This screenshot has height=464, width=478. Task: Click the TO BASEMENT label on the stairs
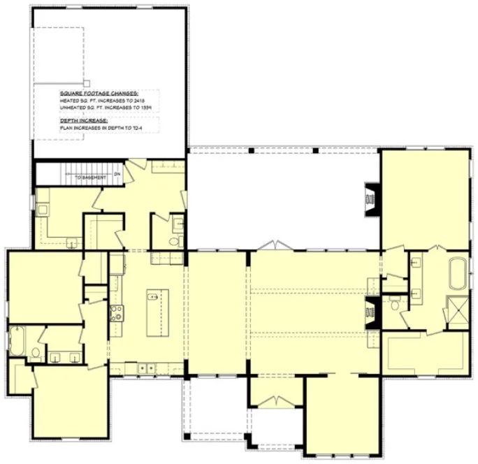(91, 177)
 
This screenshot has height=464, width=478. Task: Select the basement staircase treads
(87, 169)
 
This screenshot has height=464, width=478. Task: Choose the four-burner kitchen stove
(115, 312)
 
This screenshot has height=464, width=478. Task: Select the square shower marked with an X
(456, 309)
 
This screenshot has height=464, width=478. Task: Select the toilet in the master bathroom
(396, 303)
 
